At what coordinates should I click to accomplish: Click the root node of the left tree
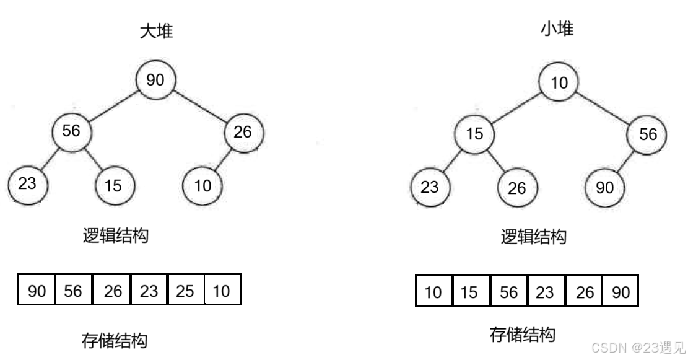point(156,79)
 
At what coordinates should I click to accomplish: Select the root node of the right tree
point(559,81)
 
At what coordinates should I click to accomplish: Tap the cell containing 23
point(149,291)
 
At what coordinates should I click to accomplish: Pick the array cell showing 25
point(185,291)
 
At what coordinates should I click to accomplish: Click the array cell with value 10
point(221,291)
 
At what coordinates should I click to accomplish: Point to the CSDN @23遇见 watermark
point(637,347)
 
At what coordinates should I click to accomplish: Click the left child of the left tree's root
point(72,132)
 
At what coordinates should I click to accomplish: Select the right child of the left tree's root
point(244,133)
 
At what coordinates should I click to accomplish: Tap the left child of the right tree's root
point(475,133)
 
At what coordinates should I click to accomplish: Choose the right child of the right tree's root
point(647,134)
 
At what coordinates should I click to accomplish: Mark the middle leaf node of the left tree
point(116,185)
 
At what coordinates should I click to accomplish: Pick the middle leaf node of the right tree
point(518,187)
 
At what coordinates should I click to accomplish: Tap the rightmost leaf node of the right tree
point(605,187)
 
